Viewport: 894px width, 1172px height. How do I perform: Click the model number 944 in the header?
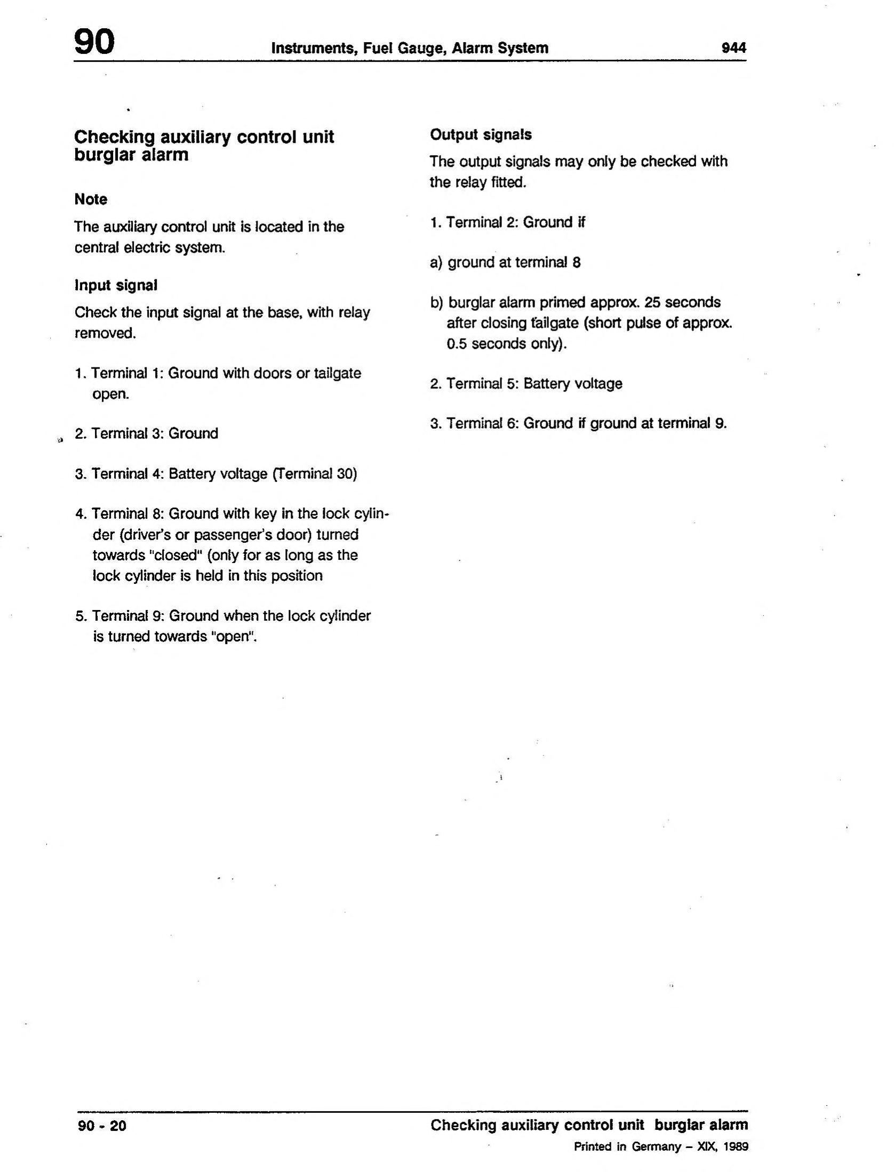coord(733,48)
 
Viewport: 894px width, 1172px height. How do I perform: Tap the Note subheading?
coord(91,199)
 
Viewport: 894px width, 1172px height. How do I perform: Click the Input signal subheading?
coord(116,285)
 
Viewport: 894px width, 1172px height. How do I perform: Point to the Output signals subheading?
coord(481,135)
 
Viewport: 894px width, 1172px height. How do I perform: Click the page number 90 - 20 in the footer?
coord(102,1126)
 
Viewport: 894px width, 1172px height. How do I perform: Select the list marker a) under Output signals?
coord(436,262)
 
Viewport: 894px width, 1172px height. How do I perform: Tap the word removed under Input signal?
coord(105,333)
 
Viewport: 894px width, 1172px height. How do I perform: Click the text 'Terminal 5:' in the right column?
coord(482,383)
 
